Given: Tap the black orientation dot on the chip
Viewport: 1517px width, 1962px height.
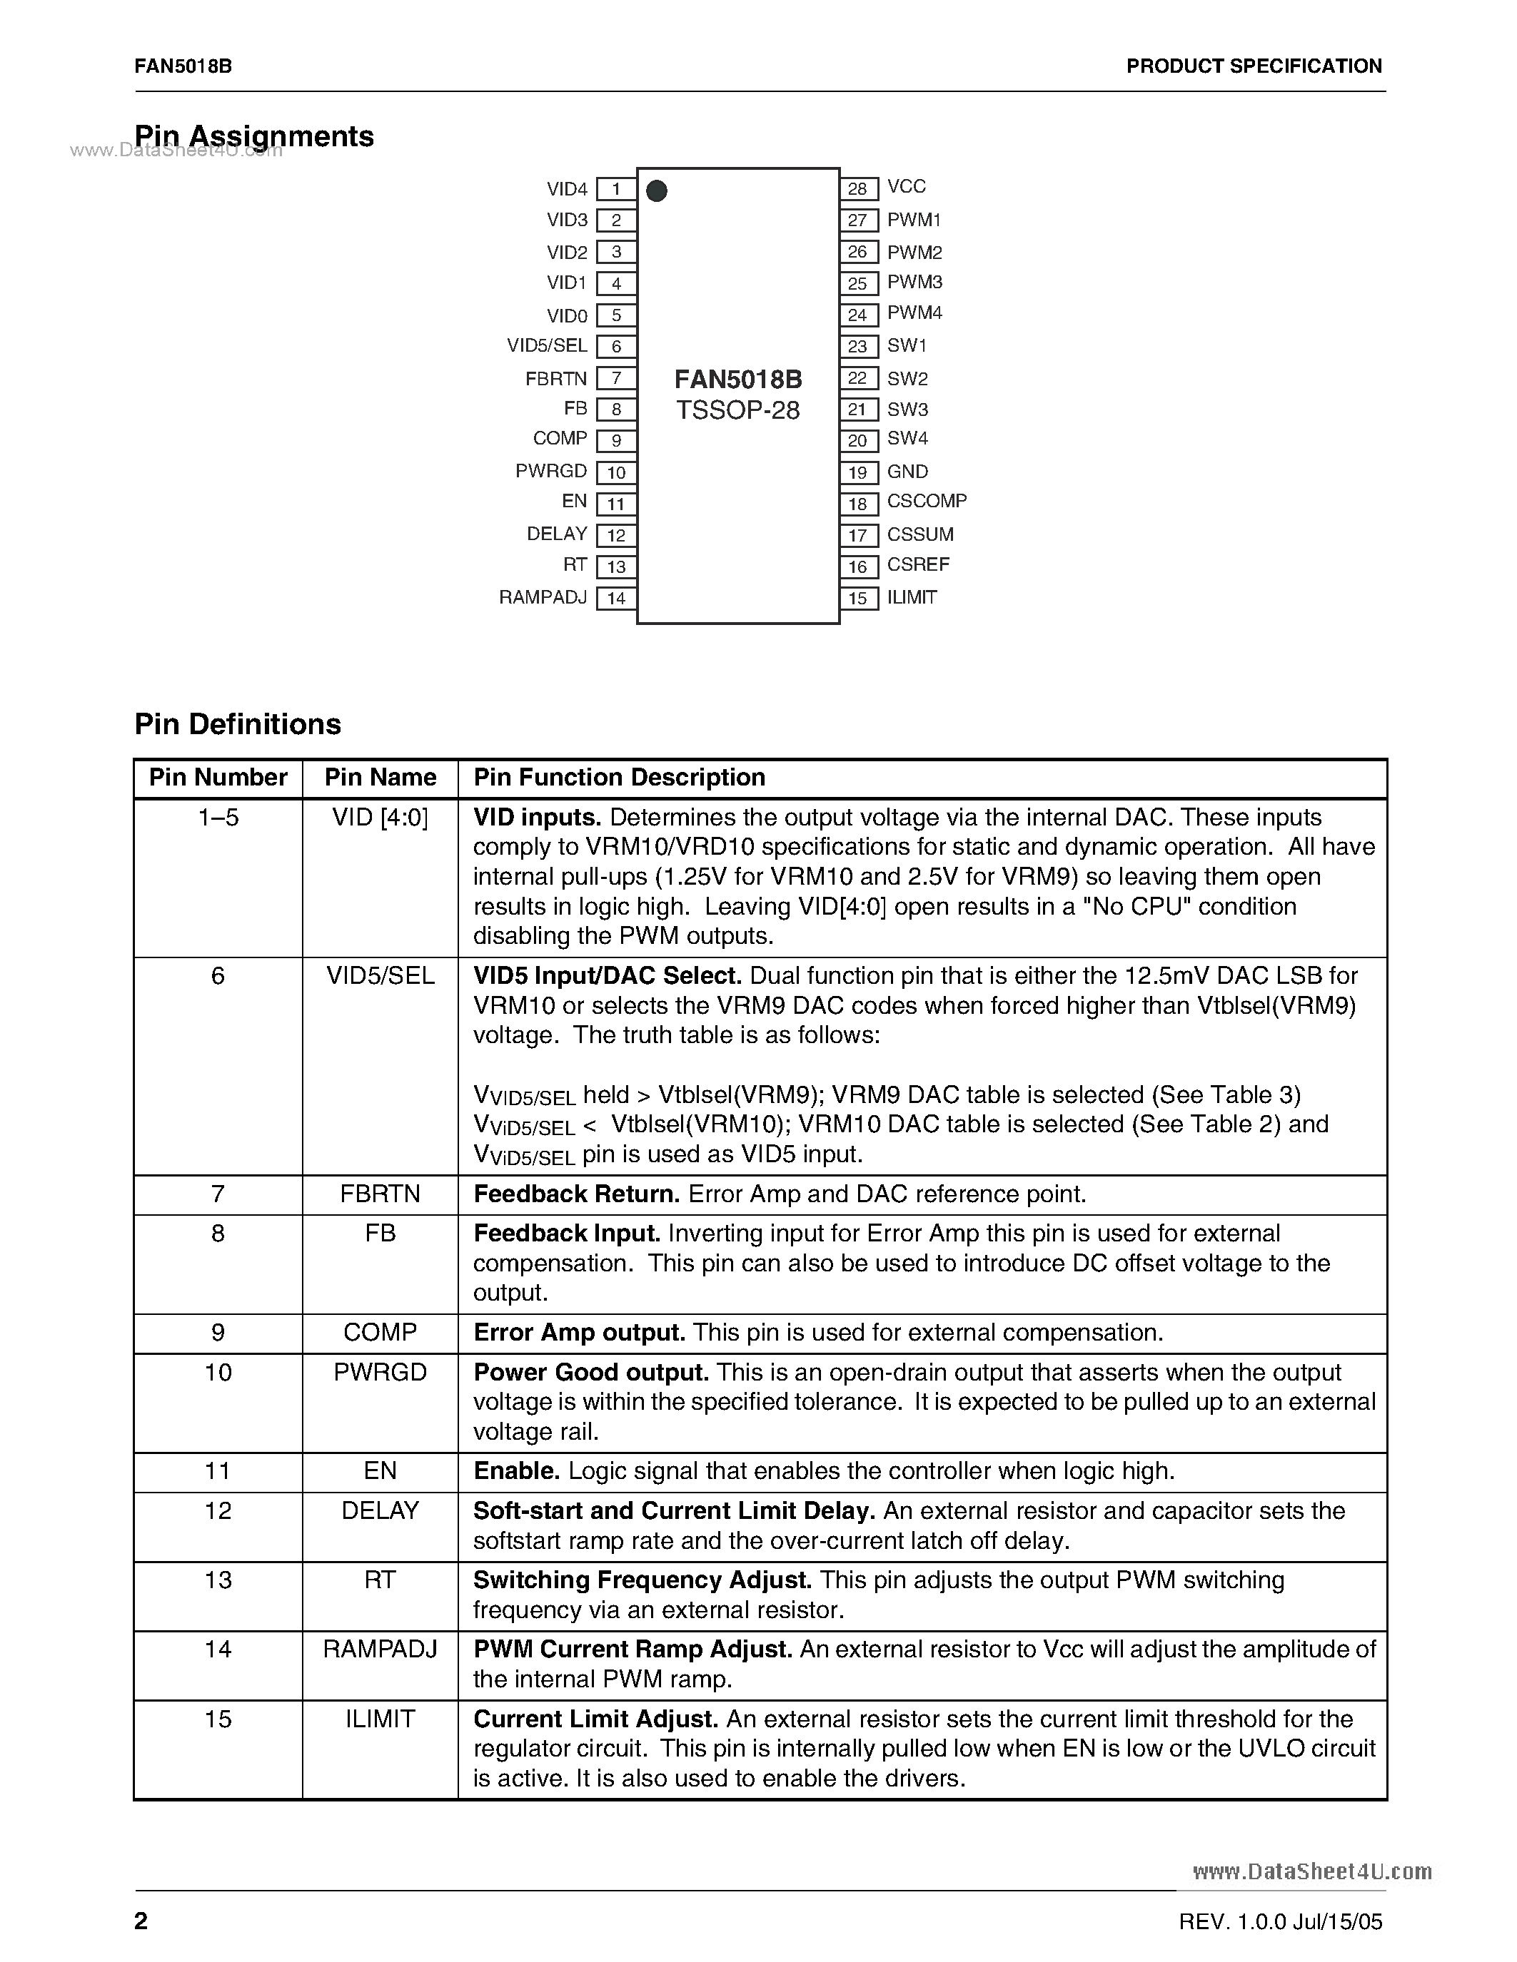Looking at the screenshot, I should [x=657, y=190].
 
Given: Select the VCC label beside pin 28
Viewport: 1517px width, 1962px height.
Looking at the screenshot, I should [x=906, y=186].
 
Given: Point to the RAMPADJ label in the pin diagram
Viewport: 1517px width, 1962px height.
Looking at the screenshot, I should [x=543, y=597].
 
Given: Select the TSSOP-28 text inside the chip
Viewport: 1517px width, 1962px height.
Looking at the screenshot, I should [x=738, y=410].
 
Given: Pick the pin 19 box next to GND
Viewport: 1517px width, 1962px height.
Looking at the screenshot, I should [x=858, y=472].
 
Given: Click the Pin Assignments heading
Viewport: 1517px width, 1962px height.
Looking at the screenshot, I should [x=254, y=136].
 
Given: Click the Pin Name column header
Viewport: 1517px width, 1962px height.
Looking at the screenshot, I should [x=380, y=777].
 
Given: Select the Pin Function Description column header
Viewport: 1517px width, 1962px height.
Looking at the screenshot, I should [x=619, y=777].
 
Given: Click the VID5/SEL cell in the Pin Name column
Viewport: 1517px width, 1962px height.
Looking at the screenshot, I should [x=380, y=975].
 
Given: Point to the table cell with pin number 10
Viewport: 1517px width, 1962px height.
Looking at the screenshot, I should [x=218, y=1372].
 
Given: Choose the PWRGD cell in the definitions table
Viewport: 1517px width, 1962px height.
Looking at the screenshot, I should [x=380, y=1372].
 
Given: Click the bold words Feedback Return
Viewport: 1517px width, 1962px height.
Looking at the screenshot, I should [x=576, y=1194].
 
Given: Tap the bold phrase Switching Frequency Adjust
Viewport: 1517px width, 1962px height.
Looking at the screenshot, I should [x=642, y=1580].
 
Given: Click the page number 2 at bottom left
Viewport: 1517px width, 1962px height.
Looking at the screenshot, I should [x=141, y=1921].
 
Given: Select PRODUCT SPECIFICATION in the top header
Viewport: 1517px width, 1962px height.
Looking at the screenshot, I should [x=1254, y=66].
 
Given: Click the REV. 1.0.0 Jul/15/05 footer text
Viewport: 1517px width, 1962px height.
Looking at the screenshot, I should [x=1280, y=1921].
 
